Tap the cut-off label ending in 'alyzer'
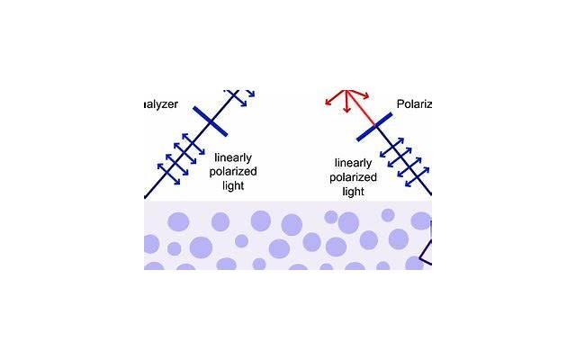pos(161,104)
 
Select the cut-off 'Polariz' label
pos(415,104)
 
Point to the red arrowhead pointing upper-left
pos(331,93)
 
